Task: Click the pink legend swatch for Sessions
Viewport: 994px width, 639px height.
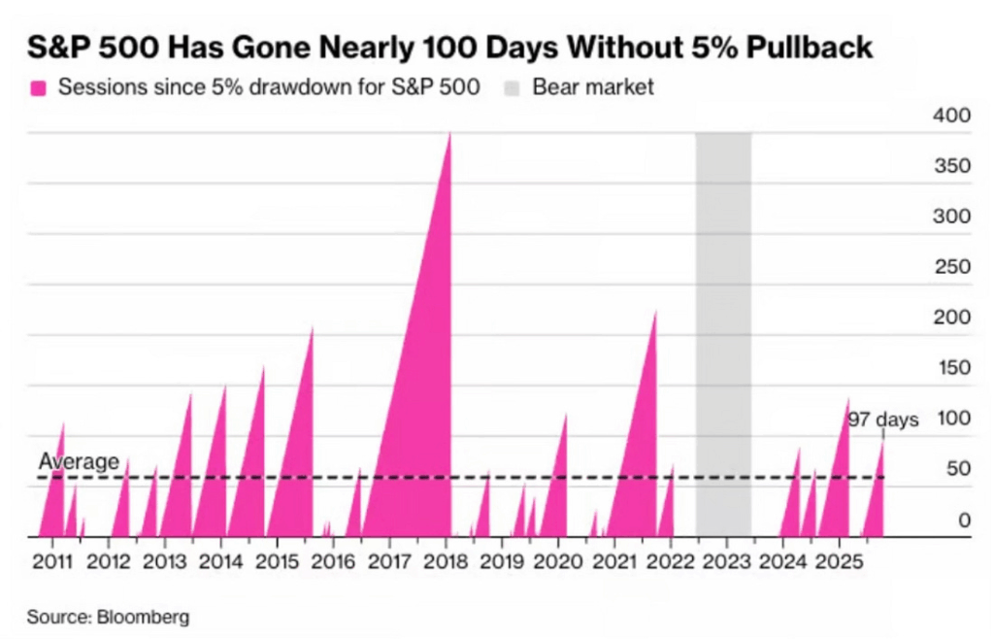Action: (x=39, y=87)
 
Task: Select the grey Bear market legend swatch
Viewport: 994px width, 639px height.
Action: (x=513, y=87)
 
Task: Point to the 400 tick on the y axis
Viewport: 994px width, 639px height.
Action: (x=951, y=117)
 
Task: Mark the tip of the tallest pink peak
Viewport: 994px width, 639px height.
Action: (x=449, y=134)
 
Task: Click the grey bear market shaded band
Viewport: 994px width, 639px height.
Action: (x=723, y=330)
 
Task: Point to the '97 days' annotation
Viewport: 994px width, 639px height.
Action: (x=882, y=420)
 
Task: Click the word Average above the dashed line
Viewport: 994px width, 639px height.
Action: (x=79, y=462)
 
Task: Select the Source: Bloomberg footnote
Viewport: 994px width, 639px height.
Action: (x=108, y=617)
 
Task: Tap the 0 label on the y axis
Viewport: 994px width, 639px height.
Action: (x=965, y=521)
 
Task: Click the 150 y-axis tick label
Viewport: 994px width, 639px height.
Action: (x=951, y=369)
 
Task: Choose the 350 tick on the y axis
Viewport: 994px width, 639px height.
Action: (x=951, y=167)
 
